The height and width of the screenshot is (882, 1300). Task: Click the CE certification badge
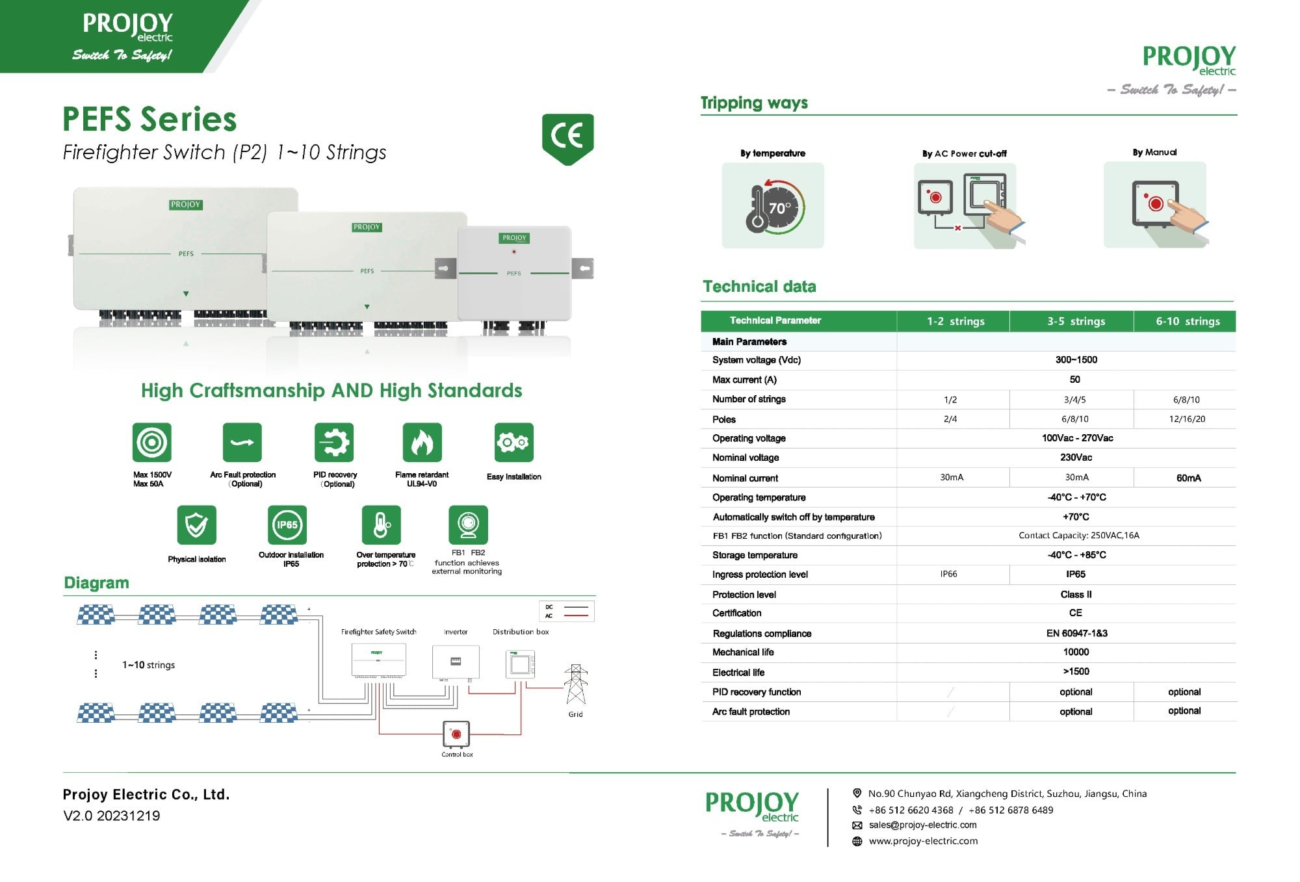tap(567, 138)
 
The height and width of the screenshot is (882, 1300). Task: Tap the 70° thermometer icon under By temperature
tap(773, 206)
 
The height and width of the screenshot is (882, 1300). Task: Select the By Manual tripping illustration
tap(1155, 205)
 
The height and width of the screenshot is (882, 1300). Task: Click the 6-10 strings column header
tap(1187, 321)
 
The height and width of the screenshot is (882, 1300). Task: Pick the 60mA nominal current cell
tap(1188, 478)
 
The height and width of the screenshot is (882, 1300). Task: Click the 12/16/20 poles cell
tap(1186, 419)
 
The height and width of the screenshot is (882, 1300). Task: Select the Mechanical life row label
tap(743, 652)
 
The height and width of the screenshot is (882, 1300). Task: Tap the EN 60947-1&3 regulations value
tap(1076, 633)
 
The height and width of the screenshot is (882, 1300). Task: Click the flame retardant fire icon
tap(422, 443)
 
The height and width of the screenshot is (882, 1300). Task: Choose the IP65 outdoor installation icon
tap(287, 525)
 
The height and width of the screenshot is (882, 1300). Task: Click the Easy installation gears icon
tap(513, 443)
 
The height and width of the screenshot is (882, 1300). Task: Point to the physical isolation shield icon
tap(196, 525)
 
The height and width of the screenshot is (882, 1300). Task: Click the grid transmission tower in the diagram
tap(575, 684)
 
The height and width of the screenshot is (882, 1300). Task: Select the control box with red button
tap(456, 734)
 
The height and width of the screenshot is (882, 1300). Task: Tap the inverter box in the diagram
tap(456, 662)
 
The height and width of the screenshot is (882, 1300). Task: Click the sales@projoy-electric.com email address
tap(922, 825)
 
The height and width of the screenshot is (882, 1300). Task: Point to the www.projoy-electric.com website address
tap(923, 841)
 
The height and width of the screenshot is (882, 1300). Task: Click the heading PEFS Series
tap(149, 119)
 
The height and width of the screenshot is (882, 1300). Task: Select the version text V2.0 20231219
tap(111, 816)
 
